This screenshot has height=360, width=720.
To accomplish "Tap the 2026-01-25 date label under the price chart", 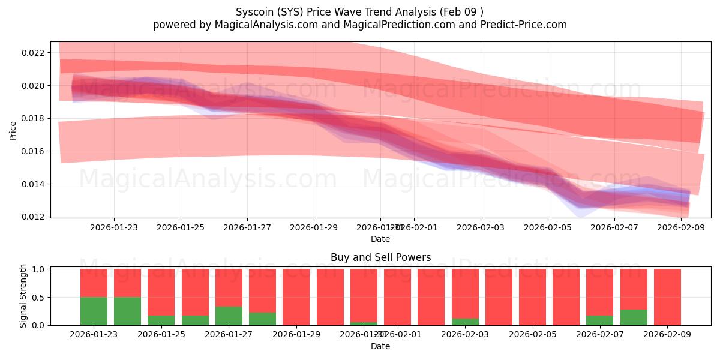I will (x=181, y=227).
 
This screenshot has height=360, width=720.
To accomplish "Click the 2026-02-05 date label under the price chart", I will (x=547, y=227).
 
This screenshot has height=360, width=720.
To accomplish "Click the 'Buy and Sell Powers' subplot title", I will (x=380, y=257).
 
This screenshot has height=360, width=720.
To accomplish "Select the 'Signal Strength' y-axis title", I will (x=23, y=296).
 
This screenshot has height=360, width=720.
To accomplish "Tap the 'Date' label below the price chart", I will (x=380, y=239).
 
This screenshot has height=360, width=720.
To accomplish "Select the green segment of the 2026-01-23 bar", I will (x=94, y=311).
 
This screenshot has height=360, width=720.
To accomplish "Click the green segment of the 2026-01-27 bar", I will (x=229, y=316).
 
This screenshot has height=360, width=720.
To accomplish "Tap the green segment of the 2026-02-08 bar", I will (x=634, y=317).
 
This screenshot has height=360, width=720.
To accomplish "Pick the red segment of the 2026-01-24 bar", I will (x=127, y=283).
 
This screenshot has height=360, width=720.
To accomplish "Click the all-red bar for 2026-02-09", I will (x=667, y=297).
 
